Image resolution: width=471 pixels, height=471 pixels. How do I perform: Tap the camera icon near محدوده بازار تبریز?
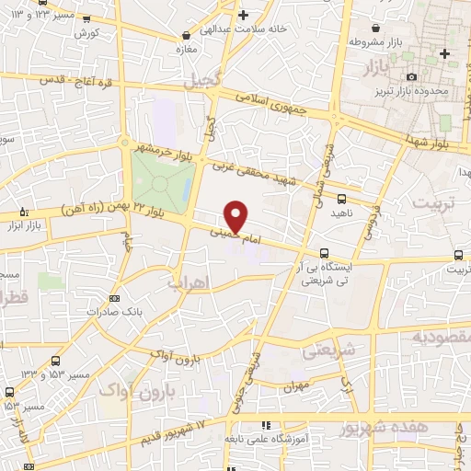pyautogui.click(x=411, y=76)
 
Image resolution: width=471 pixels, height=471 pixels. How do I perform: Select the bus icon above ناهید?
pyautogui.click(x=342, y=198)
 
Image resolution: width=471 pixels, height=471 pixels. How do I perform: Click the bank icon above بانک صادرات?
pyautogui.click(x=113, y=298)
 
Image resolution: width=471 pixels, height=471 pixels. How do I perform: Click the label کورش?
pyautogui.click(x=88, y=33)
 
